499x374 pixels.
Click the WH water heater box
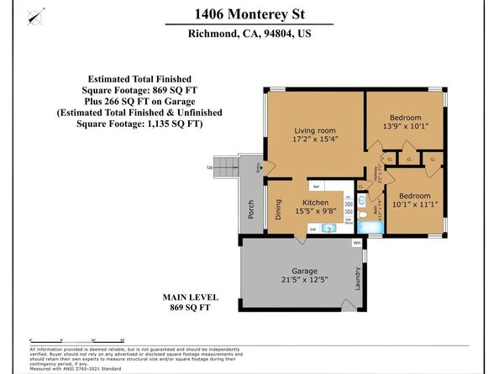click(x=356, y=243)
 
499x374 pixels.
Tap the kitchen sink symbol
click(x=330, y=228)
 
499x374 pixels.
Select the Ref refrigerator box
click(x=317, y=186)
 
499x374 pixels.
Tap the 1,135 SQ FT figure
click(x=173, y=123)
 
